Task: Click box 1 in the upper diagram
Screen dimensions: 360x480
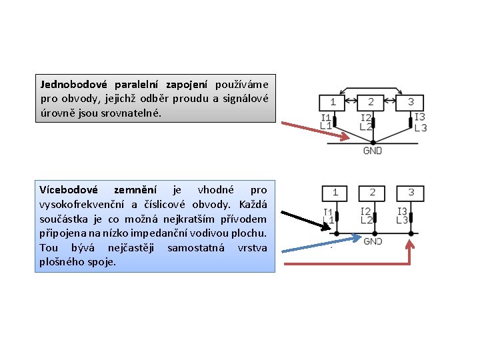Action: pyautogui.click(x=333, y=102)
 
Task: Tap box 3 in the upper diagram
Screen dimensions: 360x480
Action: pyautogui.click(x=410, y=102)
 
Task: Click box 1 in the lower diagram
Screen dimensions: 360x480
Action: pyautogui.click(x=335, y=193)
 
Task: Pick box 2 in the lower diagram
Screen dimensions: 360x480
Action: pyautogui.click(x=373, y=193)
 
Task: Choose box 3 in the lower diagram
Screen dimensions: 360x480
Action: pyautogui.click(x=411, y=193)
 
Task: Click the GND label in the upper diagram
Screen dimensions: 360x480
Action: pyautogui.click(x=372, y=151)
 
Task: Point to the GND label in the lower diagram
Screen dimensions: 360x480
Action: pyautogui.click(x=373, y=241)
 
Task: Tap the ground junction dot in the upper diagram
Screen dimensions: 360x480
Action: pyautogui.click(x=373, y=141)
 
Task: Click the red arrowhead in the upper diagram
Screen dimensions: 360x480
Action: pyautogui.click(x=345, y=138)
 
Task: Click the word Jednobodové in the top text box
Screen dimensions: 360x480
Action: pyautogui.click(x=73, y=85)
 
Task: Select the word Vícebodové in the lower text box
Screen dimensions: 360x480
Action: pyautogui.click(x=69, y=190)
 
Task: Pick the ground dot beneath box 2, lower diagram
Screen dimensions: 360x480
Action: pyautogui.click(x=373, y=233)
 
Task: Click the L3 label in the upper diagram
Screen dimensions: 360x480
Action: pyautogui.click(x=420, y=127)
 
